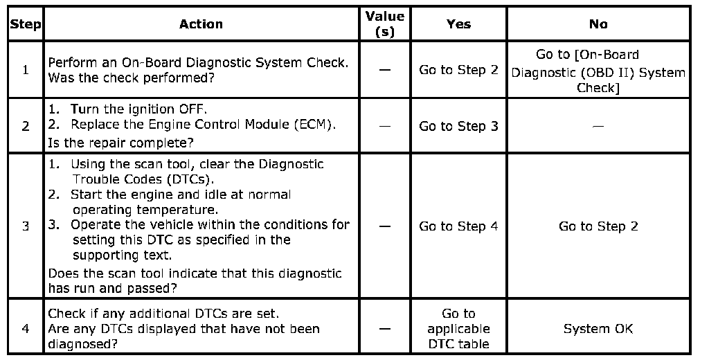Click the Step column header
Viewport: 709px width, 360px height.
point(26,24)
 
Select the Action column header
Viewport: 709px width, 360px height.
point(201,24)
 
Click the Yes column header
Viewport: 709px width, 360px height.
point(458,24)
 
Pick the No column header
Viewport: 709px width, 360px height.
point(598,24)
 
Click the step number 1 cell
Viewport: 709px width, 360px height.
point(26,70)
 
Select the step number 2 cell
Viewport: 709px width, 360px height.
point(26,127)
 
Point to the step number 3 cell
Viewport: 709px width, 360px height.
point(26,226)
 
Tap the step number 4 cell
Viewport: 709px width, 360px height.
point(26,328)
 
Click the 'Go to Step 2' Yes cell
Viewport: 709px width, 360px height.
point(458,70)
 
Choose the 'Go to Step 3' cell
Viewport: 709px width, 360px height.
point(458,127)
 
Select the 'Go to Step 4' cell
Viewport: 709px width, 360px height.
point(458,226)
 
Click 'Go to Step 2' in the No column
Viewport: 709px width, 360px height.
point(598,226)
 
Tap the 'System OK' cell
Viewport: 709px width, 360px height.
point(598,328)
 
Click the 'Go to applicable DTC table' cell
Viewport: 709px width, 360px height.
point(458,328)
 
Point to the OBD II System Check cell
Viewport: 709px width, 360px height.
point(598,71)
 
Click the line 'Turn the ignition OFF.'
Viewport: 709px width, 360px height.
point(139,109)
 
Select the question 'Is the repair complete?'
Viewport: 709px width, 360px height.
point(120,143)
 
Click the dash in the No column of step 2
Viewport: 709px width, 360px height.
point(598,127)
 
